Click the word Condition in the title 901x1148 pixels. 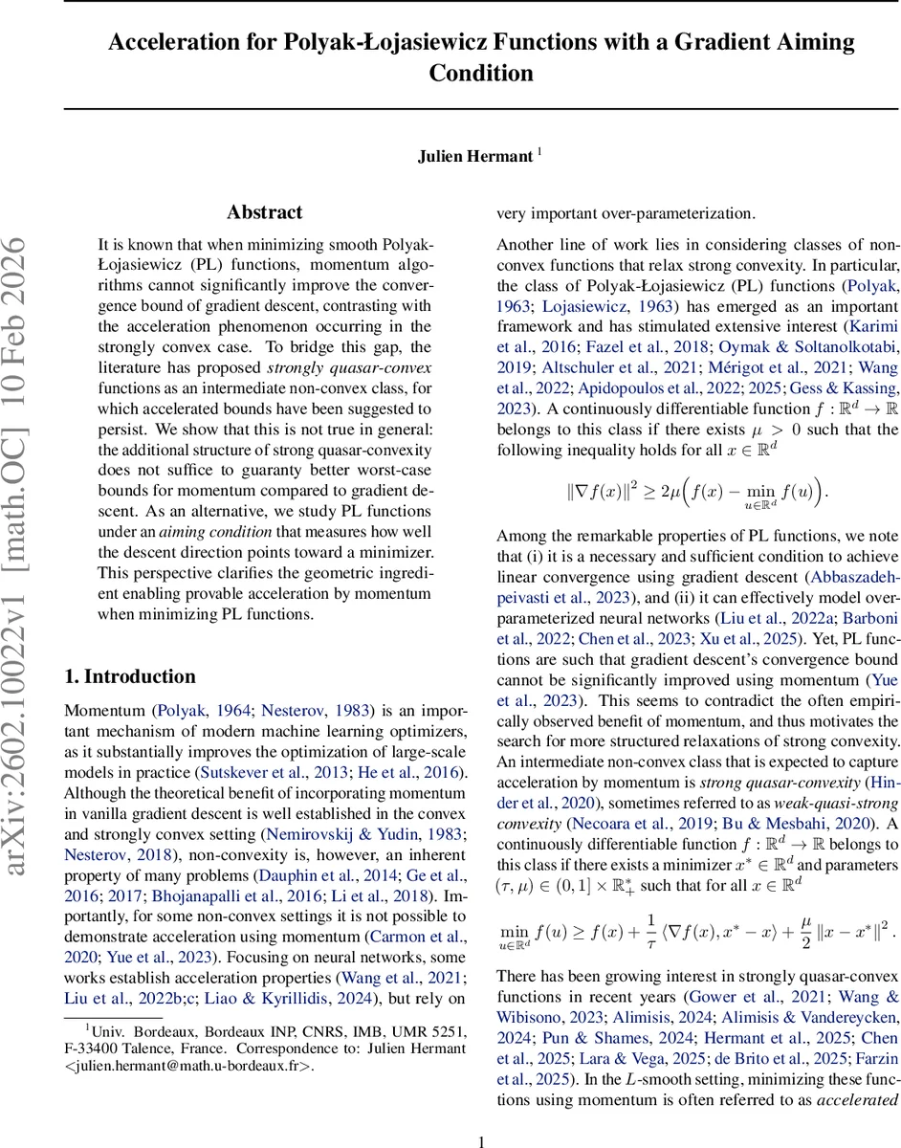pos(481,74)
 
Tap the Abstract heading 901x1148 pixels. pos(265,212)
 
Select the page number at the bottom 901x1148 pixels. pos(482,1115)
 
